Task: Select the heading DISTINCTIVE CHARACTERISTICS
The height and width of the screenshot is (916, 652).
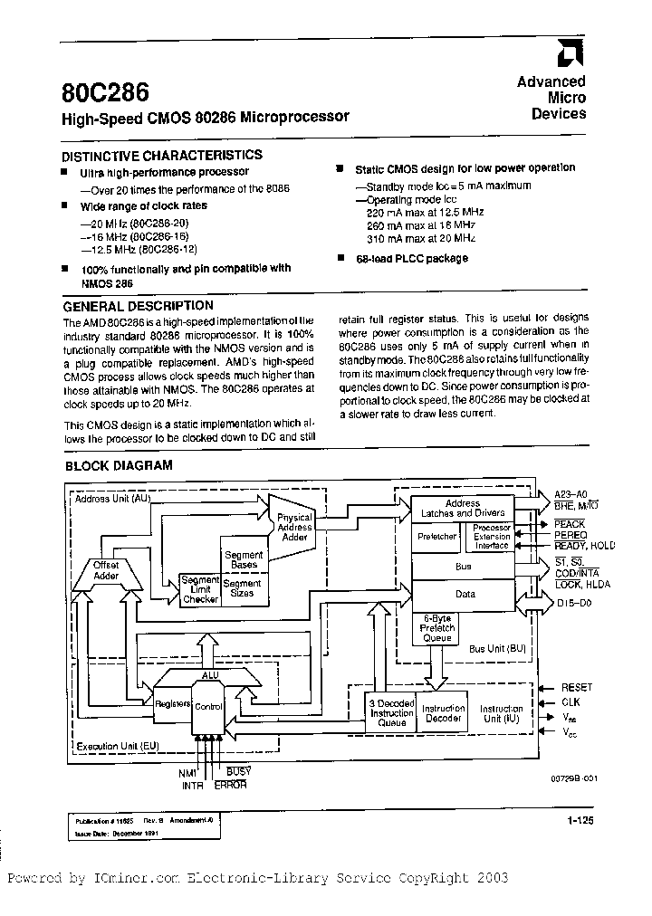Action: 162,155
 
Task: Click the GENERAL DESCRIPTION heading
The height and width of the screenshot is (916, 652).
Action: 138,306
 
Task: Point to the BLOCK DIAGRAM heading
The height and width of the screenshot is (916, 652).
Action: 118,466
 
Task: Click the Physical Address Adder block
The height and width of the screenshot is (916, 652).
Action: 294,527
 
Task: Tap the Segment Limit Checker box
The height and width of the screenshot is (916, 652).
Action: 200,588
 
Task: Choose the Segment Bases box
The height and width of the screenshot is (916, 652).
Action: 243,559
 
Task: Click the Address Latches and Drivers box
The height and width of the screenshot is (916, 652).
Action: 463,508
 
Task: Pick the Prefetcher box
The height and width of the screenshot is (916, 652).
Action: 436,537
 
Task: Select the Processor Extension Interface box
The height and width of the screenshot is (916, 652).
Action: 492,537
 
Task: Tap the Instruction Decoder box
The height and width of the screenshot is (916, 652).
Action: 444,712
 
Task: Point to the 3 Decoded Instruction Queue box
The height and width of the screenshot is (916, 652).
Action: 391,712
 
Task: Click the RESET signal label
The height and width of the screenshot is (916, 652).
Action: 576,688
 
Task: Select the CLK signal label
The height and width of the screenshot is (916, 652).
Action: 570,701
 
